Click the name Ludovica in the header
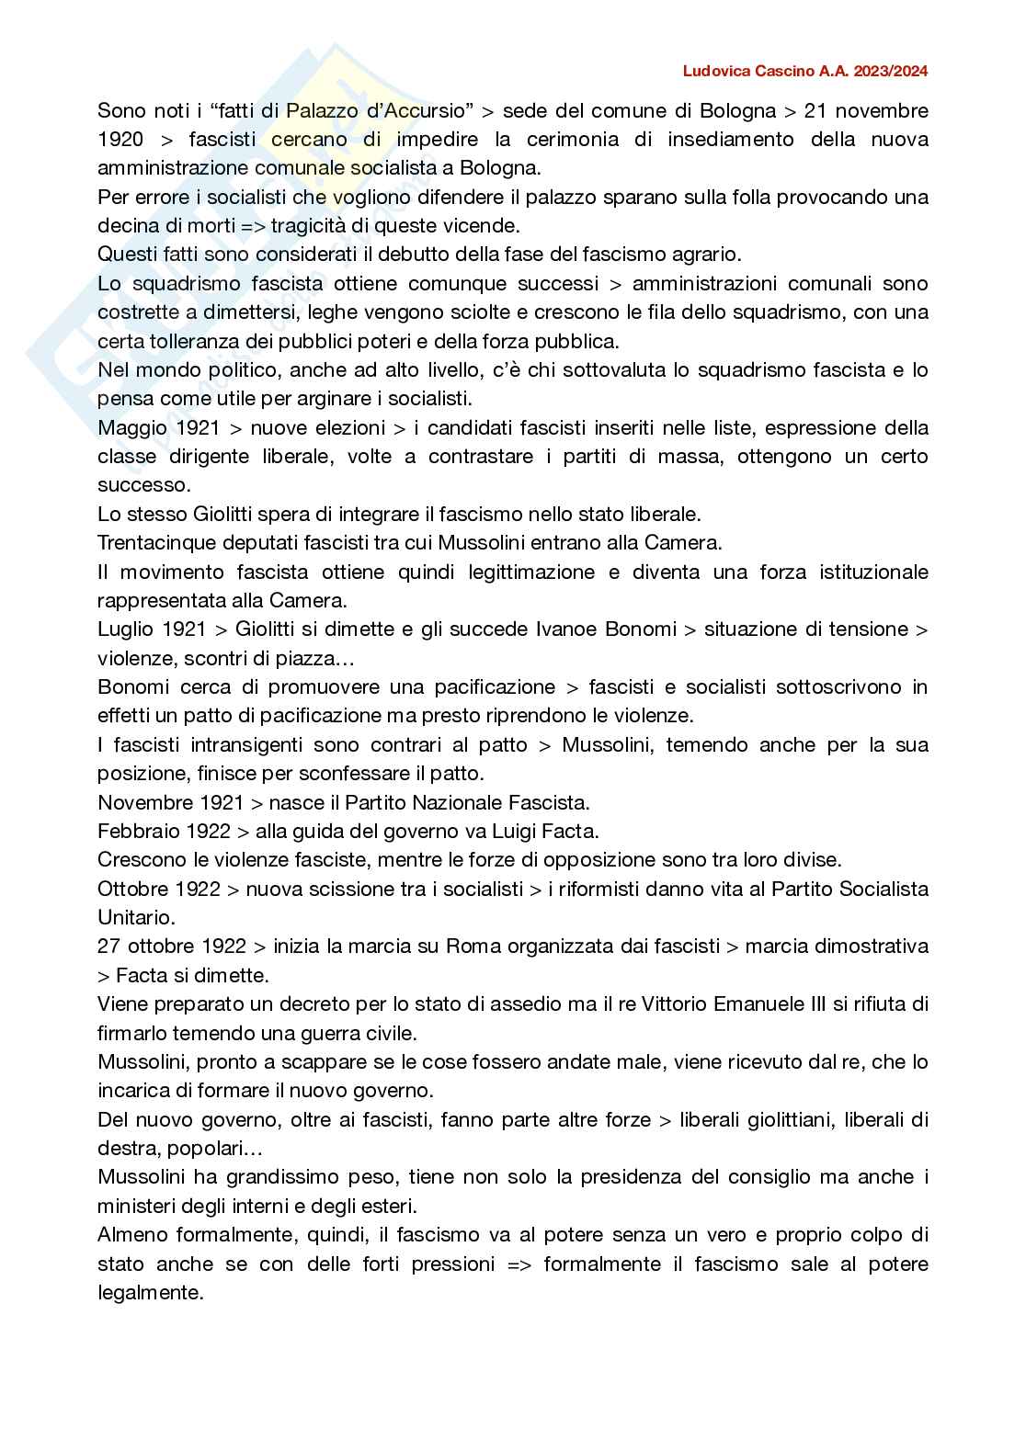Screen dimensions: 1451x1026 (x=715, y=71)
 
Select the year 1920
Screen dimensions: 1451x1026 (x=120, y=140)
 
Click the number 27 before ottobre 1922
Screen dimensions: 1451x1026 (x=109, y=947)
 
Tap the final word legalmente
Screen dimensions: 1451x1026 (x=150, y=1292)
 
